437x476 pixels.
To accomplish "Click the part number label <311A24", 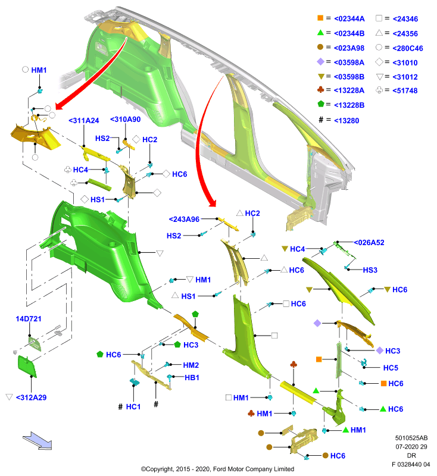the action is click(84, 121).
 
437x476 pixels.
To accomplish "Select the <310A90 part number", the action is click(126, 120).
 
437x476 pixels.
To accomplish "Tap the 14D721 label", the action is click(29, 319).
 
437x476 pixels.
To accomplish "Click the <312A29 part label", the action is click(31, 397).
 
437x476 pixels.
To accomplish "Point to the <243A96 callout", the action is click(184, 219).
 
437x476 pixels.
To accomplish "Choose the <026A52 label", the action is click(369, 243).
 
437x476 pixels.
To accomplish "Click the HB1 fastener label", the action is click(192, 378).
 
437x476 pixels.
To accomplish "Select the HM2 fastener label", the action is click(191, 365).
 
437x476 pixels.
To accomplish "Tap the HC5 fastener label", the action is click(391, 368).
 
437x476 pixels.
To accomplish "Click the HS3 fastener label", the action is click(370, 270).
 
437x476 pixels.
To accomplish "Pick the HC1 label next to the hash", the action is click(133, 407).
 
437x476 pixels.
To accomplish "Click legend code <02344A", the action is click(349, 19).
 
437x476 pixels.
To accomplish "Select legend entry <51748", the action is click(405, 90).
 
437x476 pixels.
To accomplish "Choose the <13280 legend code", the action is click(347, 121).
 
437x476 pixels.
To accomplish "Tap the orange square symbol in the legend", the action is click(320, 18).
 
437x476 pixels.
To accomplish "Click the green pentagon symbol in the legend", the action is click(321, 104).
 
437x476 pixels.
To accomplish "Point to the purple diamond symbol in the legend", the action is click(320, 62).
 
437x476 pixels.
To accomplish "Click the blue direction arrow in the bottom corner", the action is click(38, 441).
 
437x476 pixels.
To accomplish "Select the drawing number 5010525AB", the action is click(411, 438).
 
